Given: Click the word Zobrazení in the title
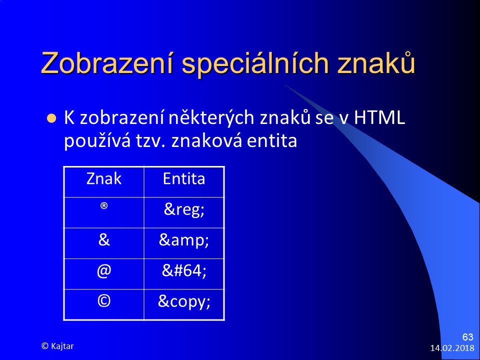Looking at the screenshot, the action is [x=107, y=63].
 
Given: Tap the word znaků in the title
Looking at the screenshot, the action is [x=376, y=62].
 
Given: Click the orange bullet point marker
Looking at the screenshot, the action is [x=51, y=118].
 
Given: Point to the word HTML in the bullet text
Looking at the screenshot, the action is [x=379, y=117].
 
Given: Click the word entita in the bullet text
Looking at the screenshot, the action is [x=272, y=140].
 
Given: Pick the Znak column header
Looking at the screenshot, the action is [x=104, y=178].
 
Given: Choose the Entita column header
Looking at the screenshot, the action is [x=184, y=178].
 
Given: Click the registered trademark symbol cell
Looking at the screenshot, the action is [x=104, y=205].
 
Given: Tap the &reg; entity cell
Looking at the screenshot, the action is [x=184, y=209].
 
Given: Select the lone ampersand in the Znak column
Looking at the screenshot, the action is [x=104, y=239].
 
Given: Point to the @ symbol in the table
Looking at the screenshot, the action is [x=104, y=271].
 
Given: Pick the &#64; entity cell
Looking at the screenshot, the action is [x=184, y=270].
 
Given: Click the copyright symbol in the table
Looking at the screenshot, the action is [x=104, y=301].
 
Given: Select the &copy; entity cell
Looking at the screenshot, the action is [x=184, y=301].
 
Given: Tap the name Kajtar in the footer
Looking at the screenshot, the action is [x=62, y=346].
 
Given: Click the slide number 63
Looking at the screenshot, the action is [x=468, y=337].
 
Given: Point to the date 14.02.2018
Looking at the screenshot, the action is [x=452, y=348].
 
